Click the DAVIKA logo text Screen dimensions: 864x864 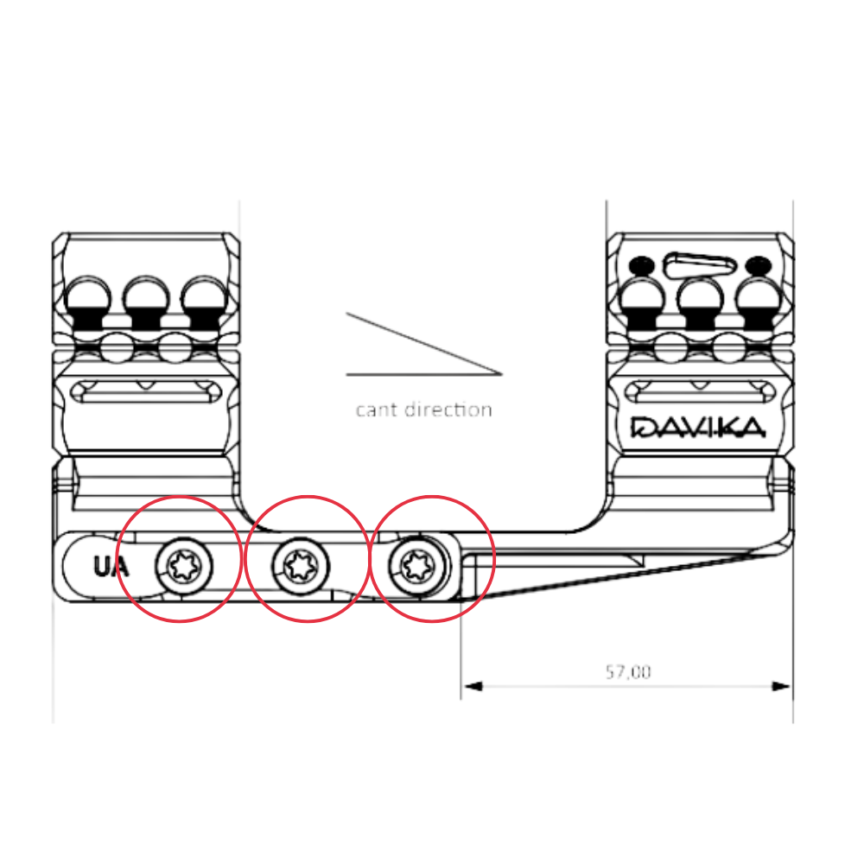pos(698,427)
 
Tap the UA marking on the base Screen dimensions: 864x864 pos(111,567)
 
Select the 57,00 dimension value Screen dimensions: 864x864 pos(628,672)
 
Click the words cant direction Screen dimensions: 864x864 pos(423,410)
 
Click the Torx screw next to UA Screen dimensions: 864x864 pos(184,567)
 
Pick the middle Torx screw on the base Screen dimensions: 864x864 pos(301,567)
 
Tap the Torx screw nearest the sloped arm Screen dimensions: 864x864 pos(418,566)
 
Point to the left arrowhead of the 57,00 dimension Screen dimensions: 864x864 pos(473,686)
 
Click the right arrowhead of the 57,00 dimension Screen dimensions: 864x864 pos(781,686)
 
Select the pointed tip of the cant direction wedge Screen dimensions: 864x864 pos(502,374)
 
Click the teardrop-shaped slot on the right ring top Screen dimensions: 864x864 pos(700,264)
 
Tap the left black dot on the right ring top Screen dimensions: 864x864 pos(641,265)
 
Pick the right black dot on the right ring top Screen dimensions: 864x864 pos(759,265)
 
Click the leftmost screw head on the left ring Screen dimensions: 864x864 pos(88,302)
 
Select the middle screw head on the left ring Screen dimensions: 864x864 pos(146,302)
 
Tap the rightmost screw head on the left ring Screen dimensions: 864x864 pos(205,302)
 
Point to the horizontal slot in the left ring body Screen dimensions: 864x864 pos(147,391)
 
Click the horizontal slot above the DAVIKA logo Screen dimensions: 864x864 pos(700,391)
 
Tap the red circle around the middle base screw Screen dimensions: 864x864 pos(307,559)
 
